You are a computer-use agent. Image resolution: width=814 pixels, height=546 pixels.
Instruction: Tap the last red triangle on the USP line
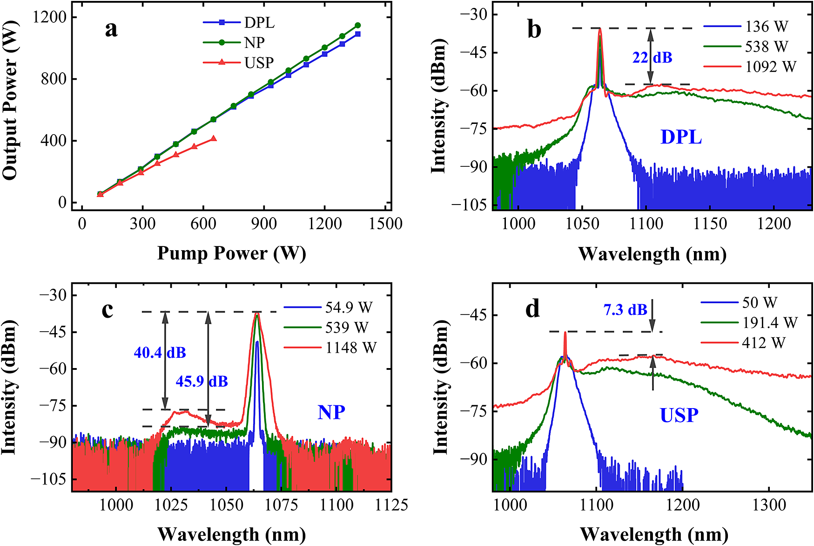coord(213,139)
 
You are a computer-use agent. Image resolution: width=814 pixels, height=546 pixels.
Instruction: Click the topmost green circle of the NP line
coord(357,25)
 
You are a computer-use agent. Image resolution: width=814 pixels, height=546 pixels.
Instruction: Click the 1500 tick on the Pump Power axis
coord(386,224)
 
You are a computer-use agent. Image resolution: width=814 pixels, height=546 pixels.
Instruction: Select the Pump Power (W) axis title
coord(231,253)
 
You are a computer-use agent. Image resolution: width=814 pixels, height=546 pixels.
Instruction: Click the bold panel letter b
coord(534,29)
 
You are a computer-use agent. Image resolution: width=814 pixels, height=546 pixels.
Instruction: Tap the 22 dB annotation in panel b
coord(652,58)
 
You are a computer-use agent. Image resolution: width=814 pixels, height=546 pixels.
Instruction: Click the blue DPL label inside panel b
coord(681,137)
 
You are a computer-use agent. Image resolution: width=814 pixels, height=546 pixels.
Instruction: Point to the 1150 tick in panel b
coord(710,224)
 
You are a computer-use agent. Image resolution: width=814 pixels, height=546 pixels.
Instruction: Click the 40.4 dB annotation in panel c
coord(160,353)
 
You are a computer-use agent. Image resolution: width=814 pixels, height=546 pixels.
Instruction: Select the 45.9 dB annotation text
coord(202,382)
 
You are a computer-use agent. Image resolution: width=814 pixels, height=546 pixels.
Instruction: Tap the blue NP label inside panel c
coord(331,412)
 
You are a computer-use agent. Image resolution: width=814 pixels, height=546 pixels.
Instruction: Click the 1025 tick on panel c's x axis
coord(171,505)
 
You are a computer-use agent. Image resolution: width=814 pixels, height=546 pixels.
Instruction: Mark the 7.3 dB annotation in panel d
coord(625,309)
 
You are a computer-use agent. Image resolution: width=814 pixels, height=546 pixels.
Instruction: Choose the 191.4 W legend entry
coord(770,322)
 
